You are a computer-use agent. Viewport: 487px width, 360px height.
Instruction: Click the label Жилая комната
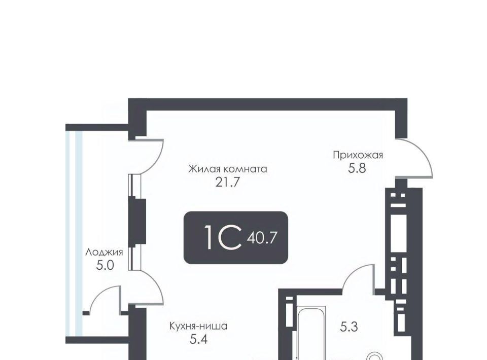(228, 169)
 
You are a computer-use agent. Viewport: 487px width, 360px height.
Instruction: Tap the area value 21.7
(228, 183)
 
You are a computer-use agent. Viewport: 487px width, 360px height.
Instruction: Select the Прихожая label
(358, 155)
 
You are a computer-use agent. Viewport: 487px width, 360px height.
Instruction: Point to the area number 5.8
(357, 168)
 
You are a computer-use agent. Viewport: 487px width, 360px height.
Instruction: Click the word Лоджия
(105, 253)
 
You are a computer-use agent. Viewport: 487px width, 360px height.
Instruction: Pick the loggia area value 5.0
(106, 265)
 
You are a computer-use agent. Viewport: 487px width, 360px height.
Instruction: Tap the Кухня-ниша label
(198, 326)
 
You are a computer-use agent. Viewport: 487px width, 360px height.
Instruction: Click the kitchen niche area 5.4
(198, 340)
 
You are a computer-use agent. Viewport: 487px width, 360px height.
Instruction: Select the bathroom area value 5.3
(349, 327)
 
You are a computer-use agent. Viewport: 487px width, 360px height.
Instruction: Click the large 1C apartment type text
(223, 238)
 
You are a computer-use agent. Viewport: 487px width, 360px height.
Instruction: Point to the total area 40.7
(262, 238)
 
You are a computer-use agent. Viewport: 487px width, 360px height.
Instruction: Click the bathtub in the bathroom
(311, 333)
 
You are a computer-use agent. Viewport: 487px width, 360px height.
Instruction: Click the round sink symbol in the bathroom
(375, 356)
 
